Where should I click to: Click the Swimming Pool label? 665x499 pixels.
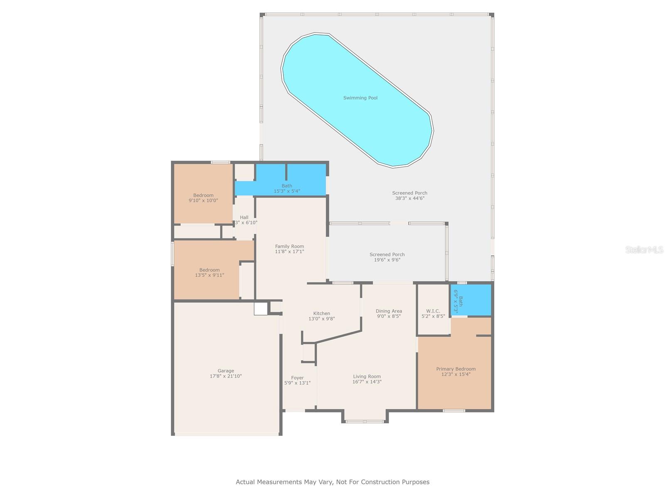click(x=360, y=98)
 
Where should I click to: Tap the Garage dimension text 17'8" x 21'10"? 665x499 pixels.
click(x=226, y=376)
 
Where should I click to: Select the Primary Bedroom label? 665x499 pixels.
click(x=456, y=369)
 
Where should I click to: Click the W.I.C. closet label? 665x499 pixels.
click(x=433, y=311)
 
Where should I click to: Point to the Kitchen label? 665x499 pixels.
click(x=321, y=314)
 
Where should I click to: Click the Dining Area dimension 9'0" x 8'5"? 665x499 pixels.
click(x=388, y=316)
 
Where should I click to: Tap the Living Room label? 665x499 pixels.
click(x=367, y=376)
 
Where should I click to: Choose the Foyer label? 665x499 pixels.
click(x=297, y=378)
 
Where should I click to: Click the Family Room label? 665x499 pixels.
click(x=289, y=246)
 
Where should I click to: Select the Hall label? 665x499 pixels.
click(x=244, y=217)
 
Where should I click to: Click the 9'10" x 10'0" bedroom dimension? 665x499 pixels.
click(x=203, y=200)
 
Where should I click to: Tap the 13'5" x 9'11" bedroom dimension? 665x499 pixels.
click(x=209, y=275)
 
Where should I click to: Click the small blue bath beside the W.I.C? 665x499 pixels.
click(x=471, y=300)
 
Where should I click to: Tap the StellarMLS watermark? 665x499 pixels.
click(x=644, y=250)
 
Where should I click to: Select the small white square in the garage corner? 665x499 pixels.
click(x=261, y=309)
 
